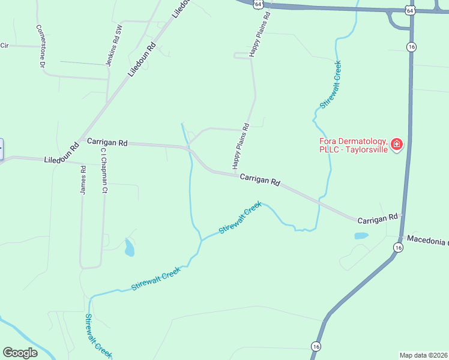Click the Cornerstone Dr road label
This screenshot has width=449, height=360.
[x=41, y=46]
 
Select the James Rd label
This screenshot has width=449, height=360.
[x=83, y=181]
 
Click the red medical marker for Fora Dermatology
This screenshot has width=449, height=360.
[x=396, y=144]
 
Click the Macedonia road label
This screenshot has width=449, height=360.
[x=427, y=240]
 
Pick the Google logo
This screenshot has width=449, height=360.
[x=20, y=353]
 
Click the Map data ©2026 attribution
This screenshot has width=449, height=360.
[x=423, y=355]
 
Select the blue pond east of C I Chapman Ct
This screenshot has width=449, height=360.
[x=129, y=247]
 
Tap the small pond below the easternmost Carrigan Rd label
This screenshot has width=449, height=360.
[x=361, y=236]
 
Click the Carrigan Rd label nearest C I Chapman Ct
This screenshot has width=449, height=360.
[x=107, y=143]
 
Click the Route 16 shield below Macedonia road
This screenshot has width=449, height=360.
[x=398, y=247]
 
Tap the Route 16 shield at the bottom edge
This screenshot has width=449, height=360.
[x=316, y=346]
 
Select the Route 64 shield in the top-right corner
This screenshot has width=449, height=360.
[x=409, y=10]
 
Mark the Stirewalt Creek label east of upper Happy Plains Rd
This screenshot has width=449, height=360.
[x=331, y=85]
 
